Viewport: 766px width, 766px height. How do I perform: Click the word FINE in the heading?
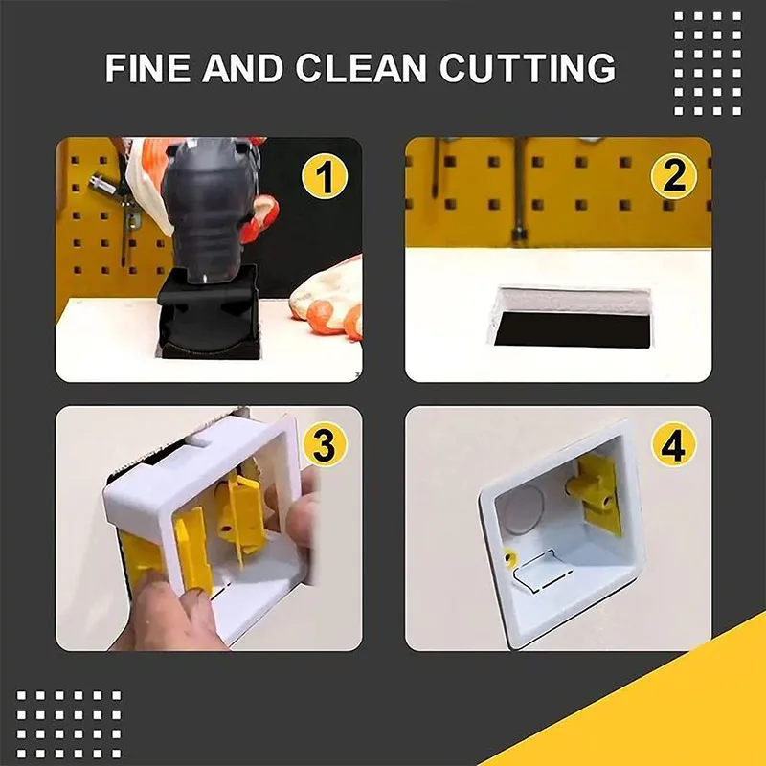click(147, 67)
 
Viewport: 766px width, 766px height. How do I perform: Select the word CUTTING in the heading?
click(528, 67)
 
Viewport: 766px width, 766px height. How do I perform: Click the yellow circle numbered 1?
click(325, 176)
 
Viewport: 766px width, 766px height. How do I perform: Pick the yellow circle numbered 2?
click(674, 176)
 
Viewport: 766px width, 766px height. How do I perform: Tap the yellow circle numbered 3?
click(325, 443)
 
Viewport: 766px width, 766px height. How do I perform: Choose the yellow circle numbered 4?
click(674, 443)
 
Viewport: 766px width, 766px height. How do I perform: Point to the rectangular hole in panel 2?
click(572, 319)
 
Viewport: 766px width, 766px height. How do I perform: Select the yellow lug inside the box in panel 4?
click(595, 492)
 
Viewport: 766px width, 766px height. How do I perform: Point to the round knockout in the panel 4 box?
click(524, 509)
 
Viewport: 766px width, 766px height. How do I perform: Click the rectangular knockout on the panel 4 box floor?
click(541, 571)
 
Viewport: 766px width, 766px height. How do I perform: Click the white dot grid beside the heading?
click(708, 63)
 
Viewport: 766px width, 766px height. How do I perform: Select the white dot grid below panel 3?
click(68, 724)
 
